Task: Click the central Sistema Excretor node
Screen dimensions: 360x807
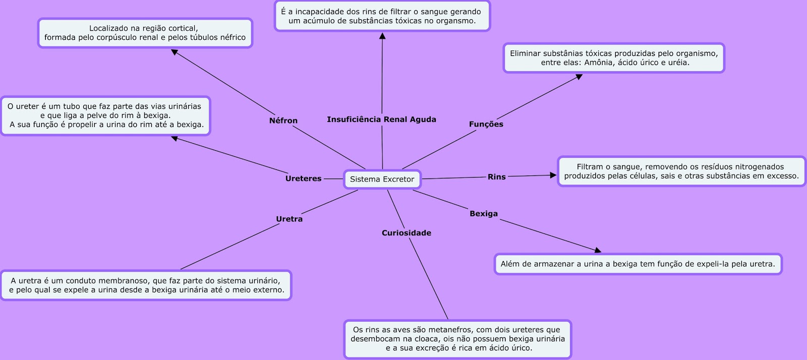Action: tap(382, 179)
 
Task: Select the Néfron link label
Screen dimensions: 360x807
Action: tap(283, 121)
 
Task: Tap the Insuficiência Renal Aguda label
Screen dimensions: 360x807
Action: tap(381, 119)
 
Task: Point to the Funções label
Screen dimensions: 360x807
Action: tap(486, 124)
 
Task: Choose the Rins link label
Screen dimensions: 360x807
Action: tap(496, 177)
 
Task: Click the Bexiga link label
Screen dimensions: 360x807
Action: tap(483, 214)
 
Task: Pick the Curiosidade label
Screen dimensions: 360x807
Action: tap(406, 233)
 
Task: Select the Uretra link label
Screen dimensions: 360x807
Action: tap(289, 219)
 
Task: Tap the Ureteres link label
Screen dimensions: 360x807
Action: tap(303, 178)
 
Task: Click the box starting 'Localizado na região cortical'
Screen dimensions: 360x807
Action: tap(145, 33)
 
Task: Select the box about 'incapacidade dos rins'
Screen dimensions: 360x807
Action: tap(382, 16)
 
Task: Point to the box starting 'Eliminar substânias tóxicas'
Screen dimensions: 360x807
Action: tap(613, 58)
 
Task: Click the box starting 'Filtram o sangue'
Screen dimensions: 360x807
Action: tap(681, 171)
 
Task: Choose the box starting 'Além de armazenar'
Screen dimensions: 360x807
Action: tap(638, 264)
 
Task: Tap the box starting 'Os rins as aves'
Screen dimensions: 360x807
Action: tap(457, 339)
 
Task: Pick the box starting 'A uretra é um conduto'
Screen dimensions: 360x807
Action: tap(146, 285)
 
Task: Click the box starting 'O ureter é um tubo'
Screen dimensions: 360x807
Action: tap(105, 116)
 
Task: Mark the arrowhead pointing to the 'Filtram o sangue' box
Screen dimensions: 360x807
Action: tap(553, 175)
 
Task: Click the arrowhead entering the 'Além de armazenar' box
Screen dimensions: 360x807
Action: tap(598, 250)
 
